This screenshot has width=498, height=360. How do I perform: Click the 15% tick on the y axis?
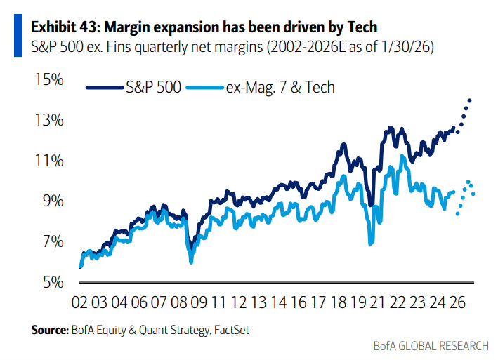click(x=48, y=80)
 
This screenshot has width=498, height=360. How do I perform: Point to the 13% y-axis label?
click(x=48, y=121)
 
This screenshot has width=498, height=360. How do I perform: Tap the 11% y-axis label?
click(x=48, y=161)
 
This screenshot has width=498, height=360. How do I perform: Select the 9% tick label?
click(x=51, y=201)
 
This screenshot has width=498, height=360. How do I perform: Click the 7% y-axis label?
click(x=51, y=242)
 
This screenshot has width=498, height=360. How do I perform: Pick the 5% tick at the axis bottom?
click(x=51, y=282)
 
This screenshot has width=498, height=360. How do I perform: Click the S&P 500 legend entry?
click(x=153, y=88)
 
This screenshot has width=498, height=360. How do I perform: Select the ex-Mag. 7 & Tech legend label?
click(x=280, y=88)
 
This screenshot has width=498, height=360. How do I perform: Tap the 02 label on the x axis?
click(x=79, y=302)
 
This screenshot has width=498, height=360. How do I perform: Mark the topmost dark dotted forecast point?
click(x=469, y=100)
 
